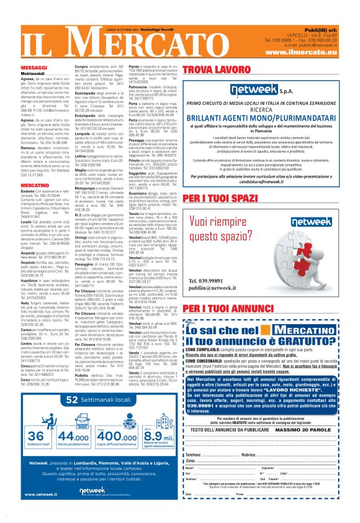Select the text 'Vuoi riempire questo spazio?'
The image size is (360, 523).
pos(225,230)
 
